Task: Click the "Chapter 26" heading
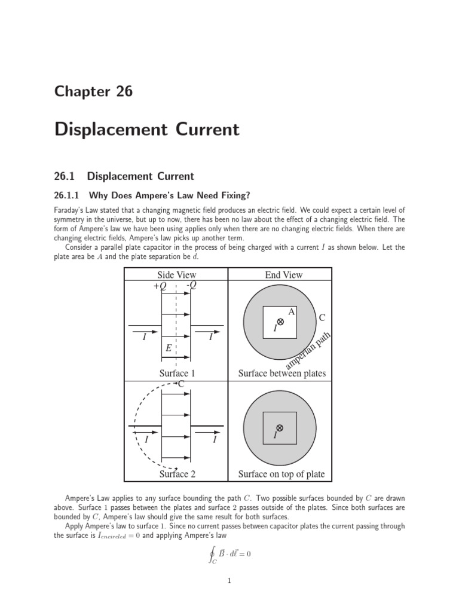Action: [x=93, y=91]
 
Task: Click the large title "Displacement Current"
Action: [x=146, y=130]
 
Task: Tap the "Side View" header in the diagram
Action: [x=176, y=275]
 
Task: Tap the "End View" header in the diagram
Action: [x=284, y=275]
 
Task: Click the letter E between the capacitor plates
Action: [x=169, y=347]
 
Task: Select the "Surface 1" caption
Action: [x=177, y=374]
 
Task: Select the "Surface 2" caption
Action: [x=177, y=474]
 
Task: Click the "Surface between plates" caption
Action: [x=282, y=374]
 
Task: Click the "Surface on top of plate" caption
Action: [x=281, y=474]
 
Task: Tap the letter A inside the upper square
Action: [x=292, y=312]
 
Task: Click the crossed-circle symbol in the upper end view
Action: [x=280, y=322]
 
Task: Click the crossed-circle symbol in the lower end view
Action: [x=280, y=427]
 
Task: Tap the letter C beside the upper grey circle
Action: [x=322, y=318]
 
